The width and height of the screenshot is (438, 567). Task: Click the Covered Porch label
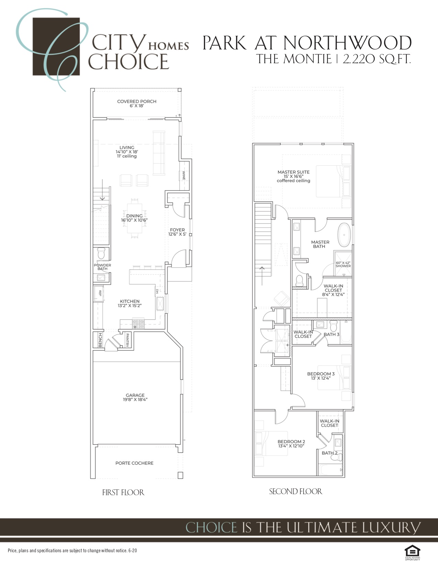[x=137, y=101]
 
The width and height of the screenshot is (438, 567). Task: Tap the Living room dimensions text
[x=127, y=152]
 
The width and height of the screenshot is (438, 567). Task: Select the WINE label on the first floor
[x=184, y=175]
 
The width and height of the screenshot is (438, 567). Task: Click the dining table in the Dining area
[x=135, y=218]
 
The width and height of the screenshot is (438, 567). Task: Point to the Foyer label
[x=177, y=230]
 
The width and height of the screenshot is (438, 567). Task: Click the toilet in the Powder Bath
[x=101, y=253]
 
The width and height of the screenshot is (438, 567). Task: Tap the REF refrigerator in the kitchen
[x=99, y=293]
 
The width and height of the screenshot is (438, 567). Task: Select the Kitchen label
[x=130, y=301]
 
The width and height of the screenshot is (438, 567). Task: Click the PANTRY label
[x=127, y=340]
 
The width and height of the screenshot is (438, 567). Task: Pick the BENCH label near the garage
[x=100, y=340]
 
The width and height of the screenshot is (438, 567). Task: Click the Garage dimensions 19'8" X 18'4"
[x=135, y=399]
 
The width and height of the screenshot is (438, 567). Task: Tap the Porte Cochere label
[x=134, y=463]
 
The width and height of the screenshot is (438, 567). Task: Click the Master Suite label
[x=293, y=172]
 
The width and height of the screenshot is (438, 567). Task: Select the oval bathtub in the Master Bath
[x=344, y=235]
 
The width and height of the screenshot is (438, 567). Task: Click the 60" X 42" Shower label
[x=343, y=264]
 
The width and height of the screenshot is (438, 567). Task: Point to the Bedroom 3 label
[x=321, y=374]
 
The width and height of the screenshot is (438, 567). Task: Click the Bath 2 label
[x=329, y=453]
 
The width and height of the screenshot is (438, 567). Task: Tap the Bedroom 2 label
[x=291, y=442]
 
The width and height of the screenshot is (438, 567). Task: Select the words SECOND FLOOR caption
[x=295, y=492]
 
